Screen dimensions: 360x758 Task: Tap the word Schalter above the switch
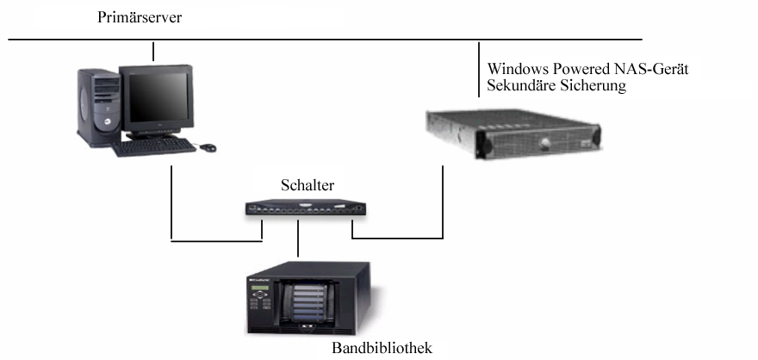coord(308,186)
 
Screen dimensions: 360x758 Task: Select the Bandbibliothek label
coord(381,349)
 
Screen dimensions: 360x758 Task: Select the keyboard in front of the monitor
coord(153,146)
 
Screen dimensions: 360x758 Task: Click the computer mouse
coord(208,147)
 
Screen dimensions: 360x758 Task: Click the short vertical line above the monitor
coord(153,51)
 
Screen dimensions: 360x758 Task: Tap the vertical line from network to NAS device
coord(478,69)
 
